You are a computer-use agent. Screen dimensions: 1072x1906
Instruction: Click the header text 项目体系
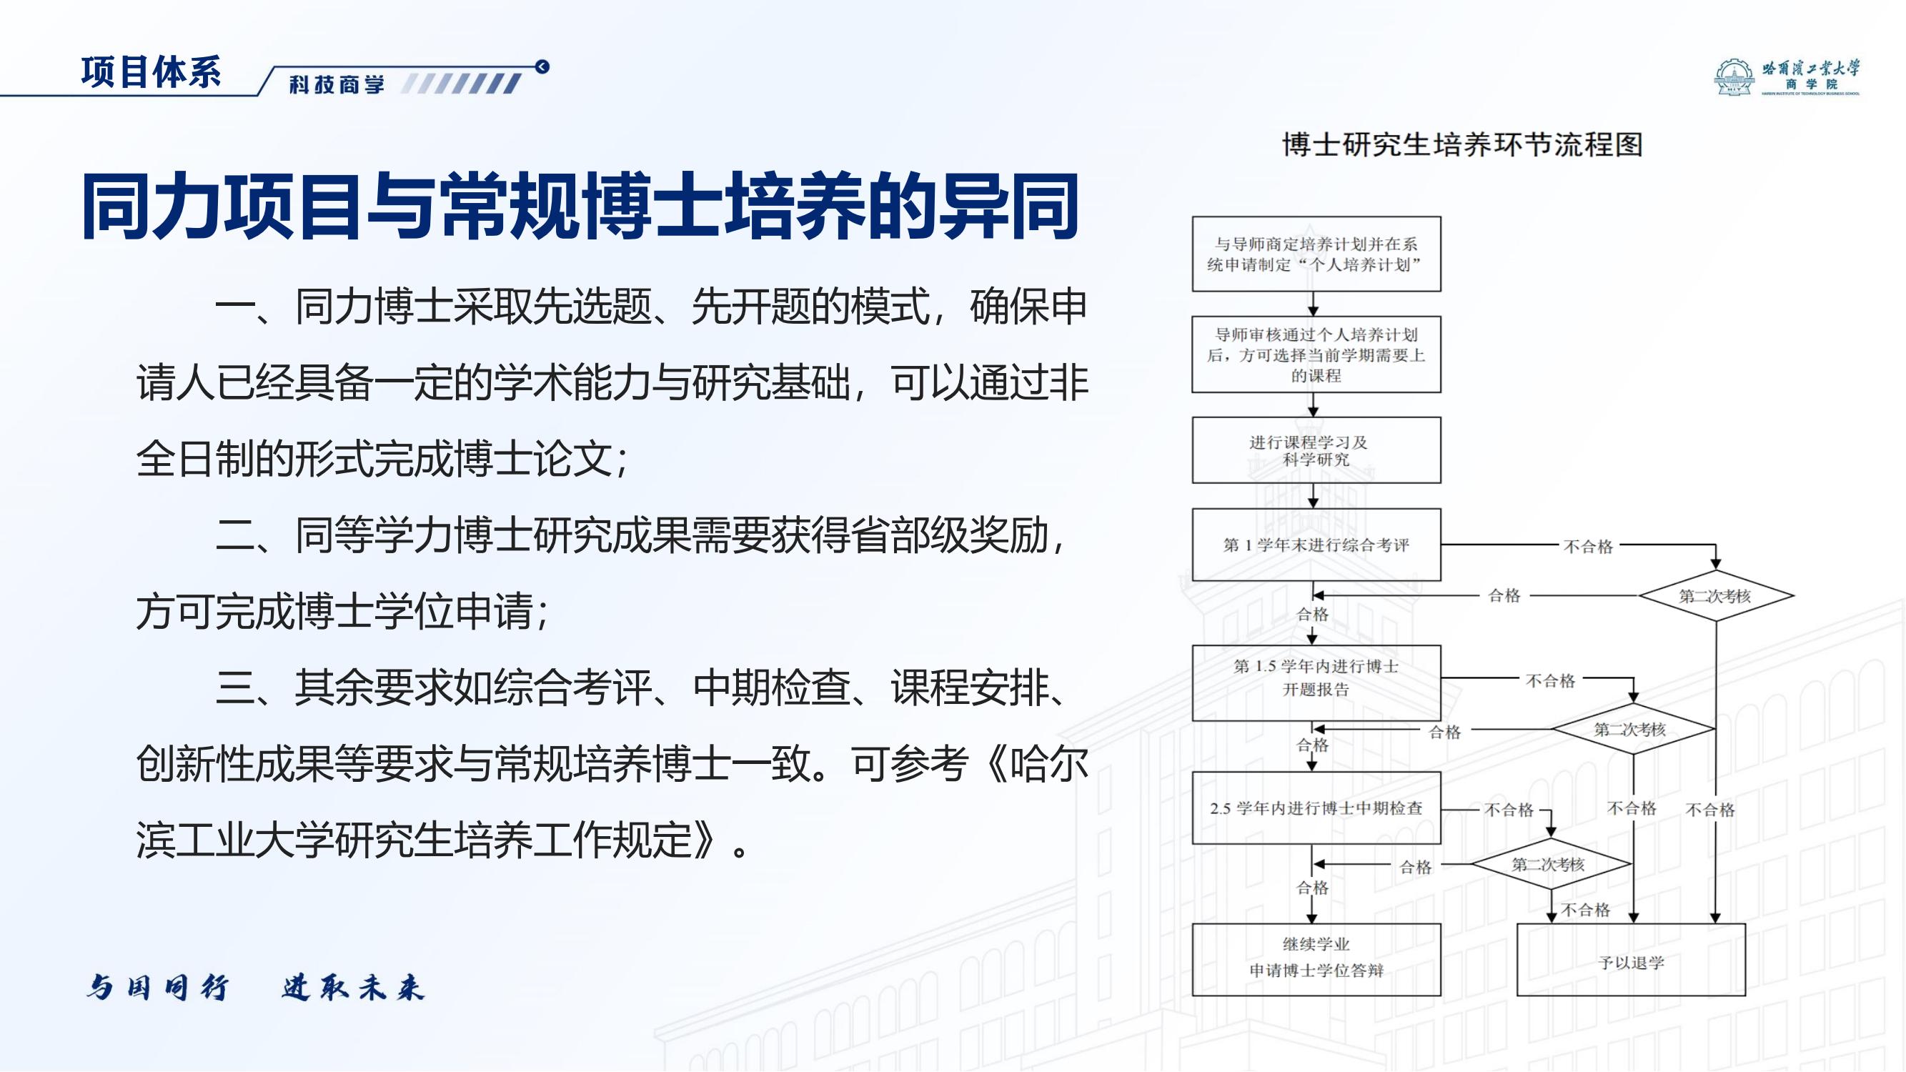point(151,72)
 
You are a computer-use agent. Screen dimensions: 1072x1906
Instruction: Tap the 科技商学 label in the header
point(337,84)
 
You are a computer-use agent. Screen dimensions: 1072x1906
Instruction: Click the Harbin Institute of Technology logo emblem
point(1733,79)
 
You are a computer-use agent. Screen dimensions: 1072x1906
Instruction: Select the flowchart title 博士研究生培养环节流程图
point(1462,144)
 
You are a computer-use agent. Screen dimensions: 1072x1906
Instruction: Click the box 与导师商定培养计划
point(1316,254)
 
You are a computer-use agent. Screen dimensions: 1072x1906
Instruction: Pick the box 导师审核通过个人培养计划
point(1316,354)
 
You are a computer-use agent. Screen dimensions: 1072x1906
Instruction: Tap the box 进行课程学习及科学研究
point(1316,450)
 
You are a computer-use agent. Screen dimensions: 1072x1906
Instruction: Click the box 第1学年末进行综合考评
point(1316,545)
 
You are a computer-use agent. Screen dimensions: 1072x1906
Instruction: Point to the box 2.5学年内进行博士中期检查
point(1316,808)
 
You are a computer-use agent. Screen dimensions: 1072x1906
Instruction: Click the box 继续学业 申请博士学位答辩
point(1316,959)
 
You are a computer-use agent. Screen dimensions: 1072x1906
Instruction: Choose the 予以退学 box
point(1631,961)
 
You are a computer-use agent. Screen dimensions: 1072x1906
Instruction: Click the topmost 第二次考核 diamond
point(1715,595)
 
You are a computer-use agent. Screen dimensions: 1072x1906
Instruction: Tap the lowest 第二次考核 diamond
point(1549,863)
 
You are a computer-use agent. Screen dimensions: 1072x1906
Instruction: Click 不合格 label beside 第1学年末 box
point(1588,546)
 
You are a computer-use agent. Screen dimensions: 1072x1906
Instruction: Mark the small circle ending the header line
point(542,66)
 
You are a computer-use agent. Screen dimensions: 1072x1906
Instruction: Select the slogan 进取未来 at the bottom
point(353,988)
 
